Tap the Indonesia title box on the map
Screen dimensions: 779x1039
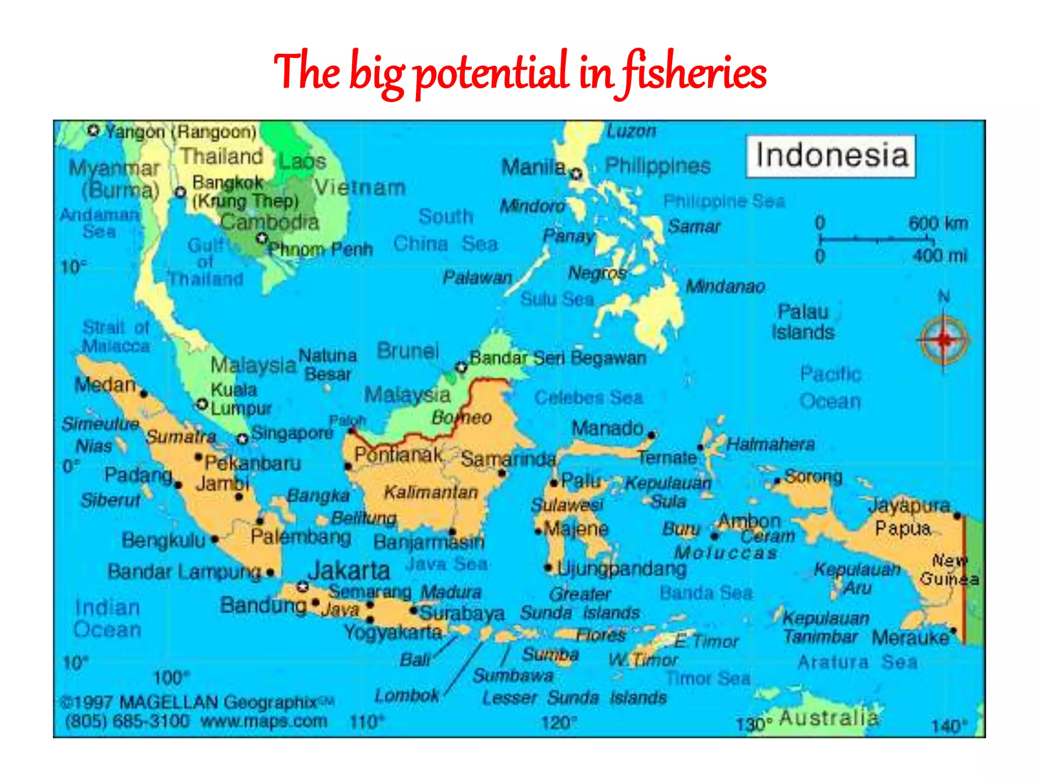pyautogui.click(x=831, y=156)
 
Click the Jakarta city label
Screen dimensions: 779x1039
pyautogui.click(x=349, y=571)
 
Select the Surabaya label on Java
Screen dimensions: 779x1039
pyautogui.click(x=462, y=614)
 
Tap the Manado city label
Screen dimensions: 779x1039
pyautogui.click(x=607, y=429)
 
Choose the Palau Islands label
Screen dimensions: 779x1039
pyautogui.click(x=803, y=322)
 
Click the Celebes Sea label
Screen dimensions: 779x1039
pyautogui.click(x=588, y=398)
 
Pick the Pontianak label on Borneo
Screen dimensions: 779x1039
pyautogui.click(x=398, y=455)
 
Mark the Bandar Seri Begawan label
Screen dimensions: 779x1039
pyautogui.click(x=558, y=358)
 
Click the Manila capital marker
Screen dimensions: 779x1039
pyautogui.click(x=576, y=174)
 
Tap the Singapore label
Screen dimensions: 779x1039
pyautogui.click(x=292, y=433)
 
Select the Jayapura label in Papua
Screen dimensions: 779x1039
pyautogui.click(x=909, y=506)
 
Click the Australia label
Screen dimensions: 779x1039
pyautogui.click(x=828, y=718)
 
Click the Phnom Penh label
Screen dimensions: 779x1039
pyautogui.click(x=320, y=250)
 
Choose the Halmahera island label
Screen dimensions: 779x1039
pyautogui.click(x=770, y=445)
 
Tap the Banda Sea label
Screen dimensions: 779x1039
pyautogui.click(x=706, y=593)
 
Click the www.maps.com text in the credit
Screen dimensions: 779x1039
pyautogui.click(x=264, y=721)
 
